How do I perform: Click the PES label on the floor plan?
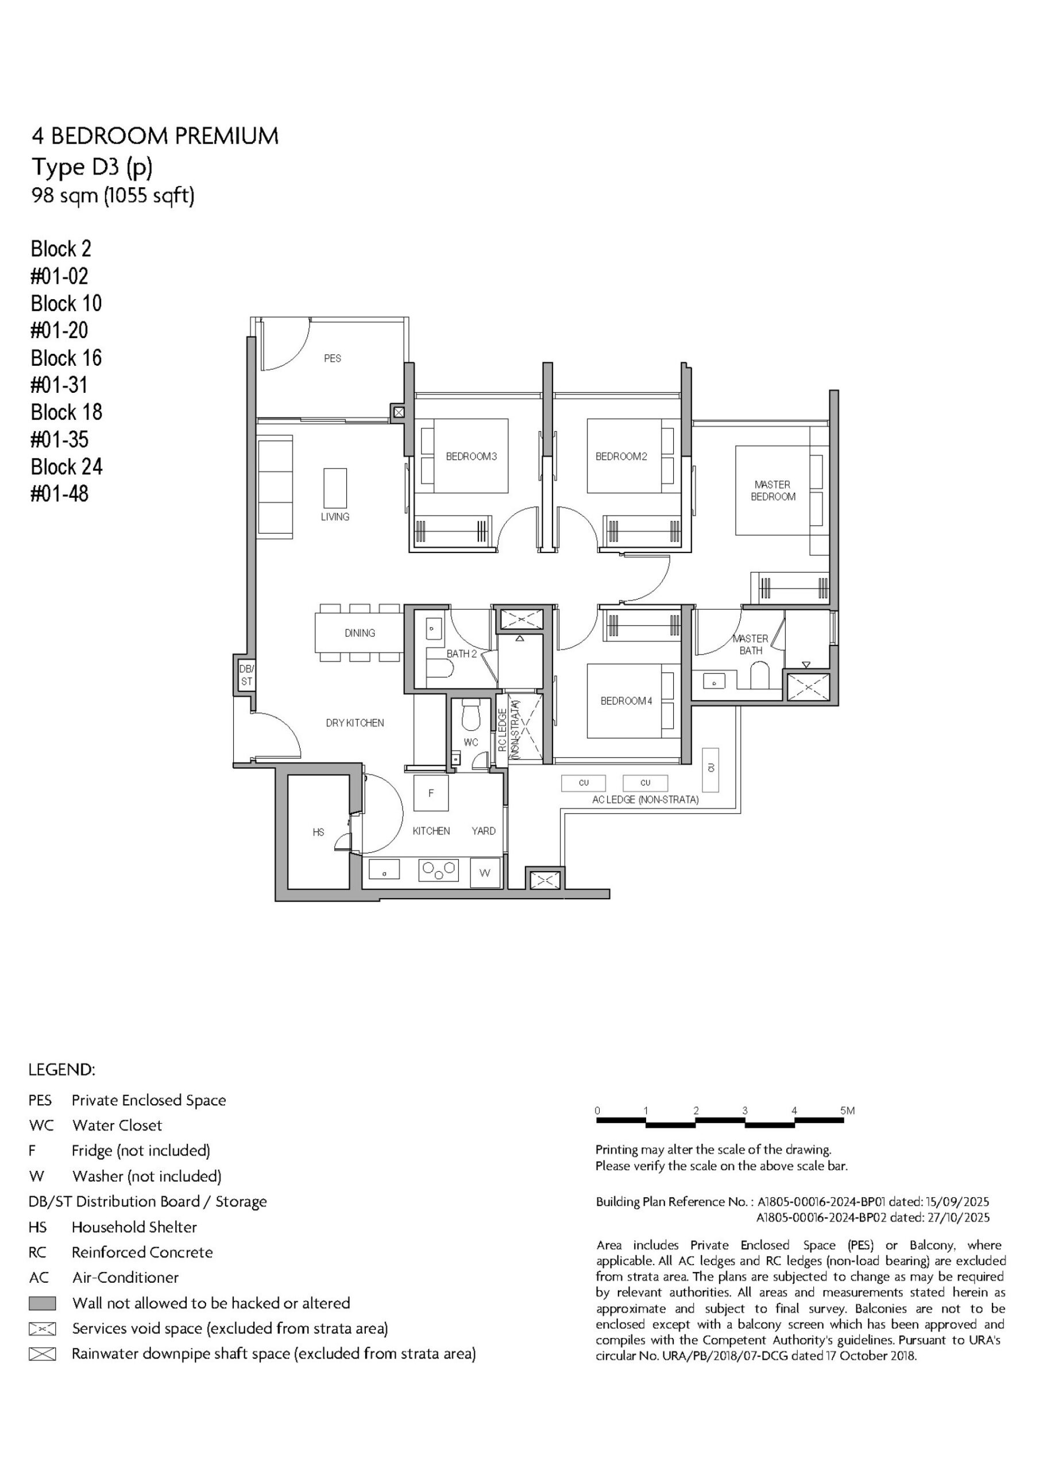[333, 358]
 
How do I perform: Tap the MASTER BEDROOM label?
[773, 490]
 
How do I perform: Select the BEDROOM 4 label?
[626, 701]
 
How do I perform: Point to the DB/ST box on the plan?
[246, 675]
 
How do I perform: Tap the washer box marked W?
[485, 873]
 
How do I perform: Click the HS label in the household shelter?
[318, 832]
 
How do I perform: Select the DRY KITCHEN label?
[355, 723]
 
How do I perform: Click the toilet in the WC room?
[471, 714]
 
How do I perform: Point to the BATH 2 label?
[462, 653]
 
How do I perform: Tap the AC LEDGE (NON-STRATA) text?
[645, 800]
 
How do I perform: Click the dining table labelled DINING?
[360, 633]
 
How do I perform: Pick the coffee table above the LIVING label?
[335, 488]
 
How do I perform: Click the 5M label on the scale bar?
[848, 1111]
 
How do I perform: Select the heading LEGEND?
[61, 1070]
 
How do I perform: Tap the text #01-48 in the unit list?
[60, 494]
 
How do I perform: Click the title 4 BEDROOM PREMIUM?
[155, 136]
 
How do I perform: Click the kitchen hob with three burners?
[439, 870]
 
